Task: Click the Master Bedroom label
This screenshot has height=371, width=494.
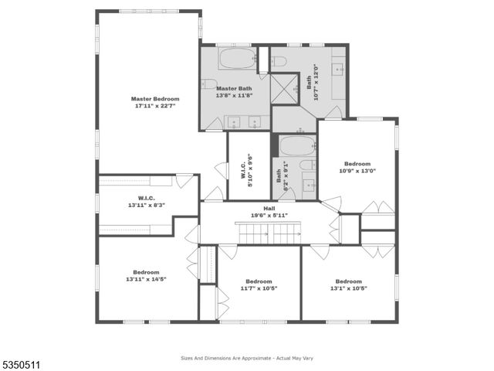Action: pyautogui.click(x=154, y=99)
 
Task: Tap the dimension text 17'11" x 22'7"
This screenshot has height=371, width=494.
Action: pyautogui.click(x=154, y=106)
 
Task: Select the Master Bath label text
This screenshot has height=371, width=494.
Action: pyautogui.click(x=234, y=88)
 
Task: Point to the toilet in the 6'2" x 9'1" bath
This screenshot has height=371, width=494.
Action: pyautogui.click(x=306, y=165)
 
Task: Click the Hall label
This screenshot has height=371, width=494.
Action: pyautogui.click(x=269, y=209)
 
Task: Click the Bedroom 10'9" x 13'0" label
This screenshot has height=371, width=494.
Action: pyautogui.click(x=357, y=167)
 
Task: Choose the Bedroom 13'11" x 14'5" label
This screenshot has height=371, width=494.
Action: pyautogui.click(x=145, y=275)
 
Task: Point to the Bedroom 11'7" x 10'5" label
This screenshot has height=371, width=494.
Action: pyautogui.click(x=258, y=284)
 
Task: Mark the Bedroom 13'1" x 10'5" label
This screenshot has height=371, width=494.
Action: pyautogui.click(x=348, y=284)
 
